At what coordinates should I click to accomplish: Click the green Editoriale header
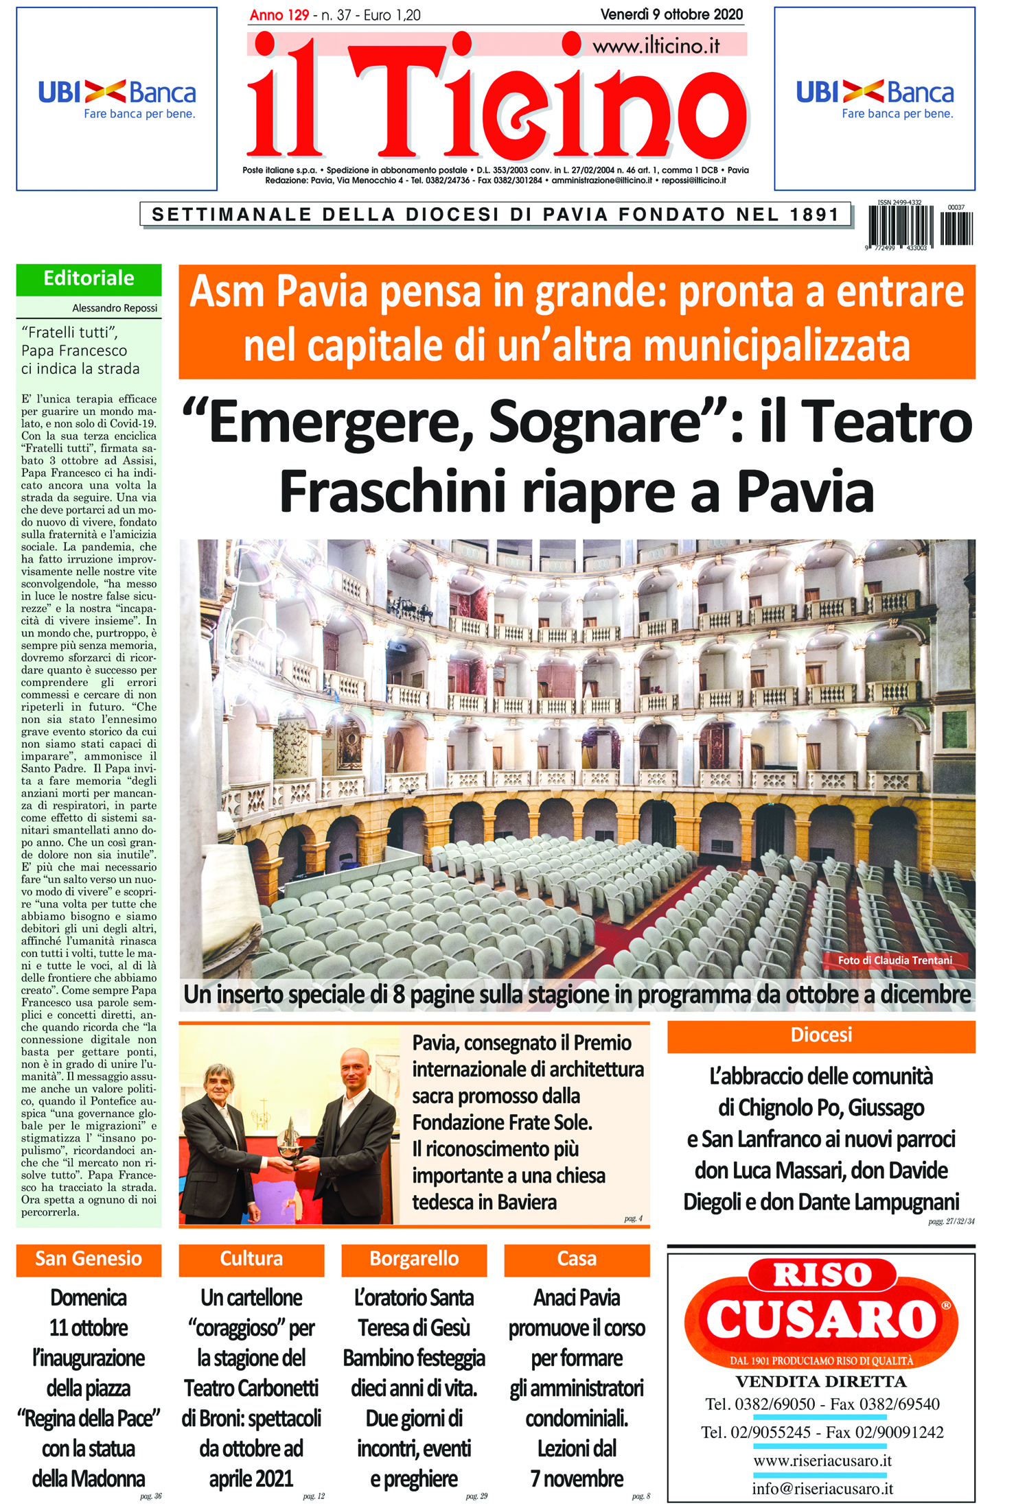[x=89, y=279]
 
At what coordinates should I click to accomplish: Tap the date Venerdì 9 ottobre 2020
[x=671, y=14]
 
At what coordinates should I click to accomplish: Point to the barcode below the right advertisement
[x=920, y=226]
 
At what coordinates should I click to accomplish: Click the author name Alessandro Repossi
[x=115, y=308]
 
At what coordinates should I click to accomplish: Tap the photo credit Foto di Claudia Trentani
[x=895, y=960]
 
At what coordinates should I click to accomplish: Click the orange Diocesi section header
[x=821, y=1035]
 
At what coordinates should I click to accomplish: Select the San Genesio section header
[x=89, y=1259]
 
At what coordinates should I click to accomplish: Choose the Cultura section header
[x=251, y=1259]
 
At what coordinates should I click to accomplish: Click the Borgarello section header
[x=414, y=1259]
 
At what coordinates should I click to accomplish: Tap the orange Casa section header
[x=577, y=1259]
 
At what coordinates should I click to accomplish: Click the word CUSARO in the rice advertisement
[x=821, y=1319]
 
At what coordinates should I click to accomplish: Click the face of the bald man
[x=354, y=1068]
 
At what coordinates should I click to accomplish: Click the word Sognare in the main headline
[x=595, y=423]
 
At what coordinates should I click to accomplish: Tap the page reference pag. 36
[x=151, y=1496]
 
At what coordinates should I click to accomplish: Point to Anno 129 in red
[x=279, y=15]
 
